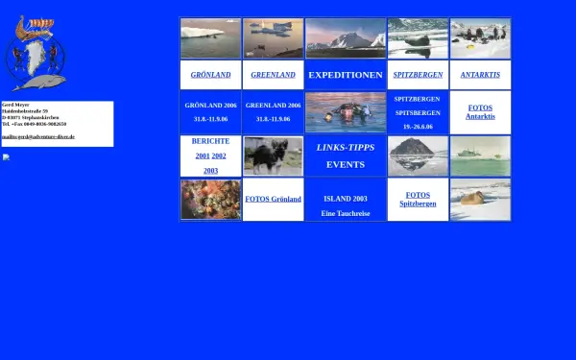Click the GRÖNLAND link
210,75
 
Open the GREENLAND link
273,75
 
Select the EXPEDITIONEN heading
345,75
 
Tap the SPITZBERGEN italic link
418,75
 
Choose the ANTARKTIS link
480,75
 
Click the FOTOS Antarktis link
480,111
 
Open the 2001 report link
202,156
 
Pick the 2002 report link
219,156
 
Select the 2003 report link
210,171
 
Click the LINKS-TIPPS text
345,147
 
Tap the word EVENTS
345,164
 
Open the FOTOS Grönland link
273,200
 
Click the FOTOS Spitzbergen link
418,200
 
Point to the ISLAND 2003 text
345,199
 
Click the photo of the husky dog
273,156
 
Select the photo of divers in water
345,111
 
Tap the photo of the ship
480,156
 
